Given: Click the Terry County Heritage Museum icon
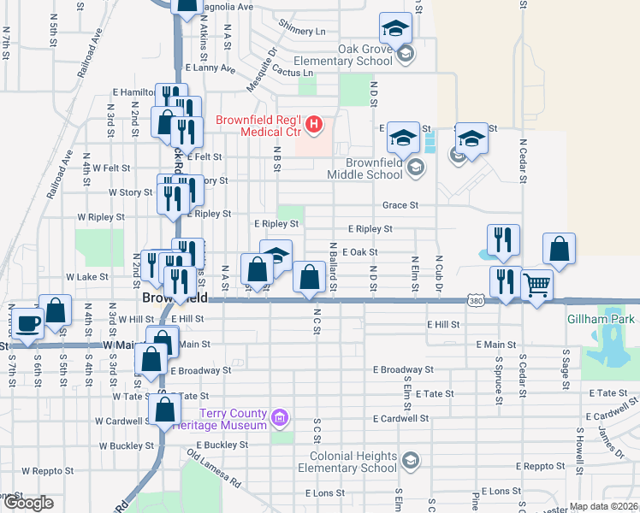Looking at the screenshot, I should (279, 418).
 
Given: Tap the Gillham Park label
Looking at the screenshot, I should (602, 319).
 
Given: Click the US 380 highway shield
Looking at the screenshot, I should (477, 300).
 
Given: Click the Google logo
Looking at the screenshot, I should (27, 503).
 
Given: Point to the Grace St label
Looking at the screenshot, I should (400, 205).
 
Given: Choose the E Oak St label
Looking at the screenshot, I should (359, 252).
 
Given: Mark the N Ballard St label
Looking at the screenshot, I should (333, 266).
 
